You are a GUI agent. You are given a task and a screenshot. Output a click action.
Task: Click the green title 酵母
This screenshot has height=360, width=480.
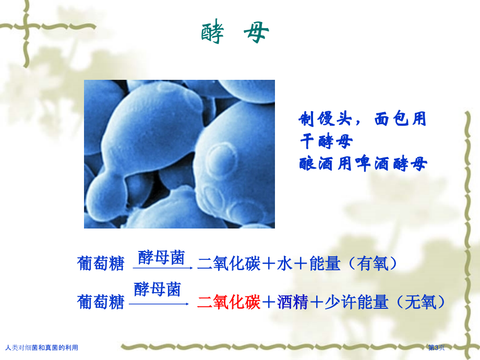(235, 31)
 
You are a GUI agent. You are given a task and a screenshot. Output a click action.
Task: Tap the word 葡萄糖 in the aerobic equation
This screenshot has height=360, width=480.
(101, 263)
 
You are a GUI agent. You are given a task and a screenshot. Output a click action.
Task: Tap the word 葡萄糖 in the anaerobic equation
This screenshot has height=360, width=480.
(101, 302)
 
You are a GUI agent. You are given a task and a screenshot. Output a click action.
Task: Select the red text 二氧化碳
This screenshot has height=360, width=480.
(229, 302)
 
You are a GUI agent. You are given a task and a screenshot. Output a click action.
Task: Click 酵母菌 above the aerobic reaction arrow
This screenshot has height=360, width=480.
(161, 257)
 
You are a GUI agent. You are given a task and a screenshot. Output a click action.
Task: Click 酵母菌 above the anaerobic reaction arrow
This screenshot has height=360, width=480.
(158, 289)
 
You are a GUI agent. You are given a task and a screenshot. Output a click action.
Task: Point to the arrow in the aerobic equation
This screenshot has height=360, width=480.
(163, 268)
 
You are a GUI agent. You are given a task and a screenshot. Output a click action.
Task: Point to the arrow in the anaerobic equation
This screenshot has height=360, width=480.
(159, 304)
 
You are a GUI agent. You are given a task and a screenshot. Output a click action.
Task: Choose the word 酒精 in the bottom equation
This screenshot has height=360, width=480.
(293, 302)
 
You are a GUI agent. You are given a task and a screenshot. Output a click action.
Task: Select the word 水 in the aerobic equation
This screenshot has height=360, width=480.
(285, 263)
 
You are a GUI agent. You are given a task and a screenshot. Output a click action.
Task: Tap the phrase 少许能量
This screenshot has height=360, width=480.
(356, 302)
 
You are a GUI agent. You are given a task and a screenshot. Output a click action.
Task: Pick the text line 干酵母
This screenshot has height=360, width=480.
(326, 141)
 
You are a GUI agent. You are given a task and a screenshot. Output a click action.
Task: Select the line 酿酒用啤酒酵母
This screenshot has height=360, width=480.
(363, 163)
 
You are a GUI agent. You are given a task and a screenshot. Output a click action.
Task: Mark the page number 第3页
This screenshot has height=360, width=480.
(436, 347)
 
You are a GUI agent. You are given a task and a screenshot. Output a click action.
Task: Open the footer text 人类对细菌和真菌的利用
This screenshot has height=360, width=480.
(42, 348)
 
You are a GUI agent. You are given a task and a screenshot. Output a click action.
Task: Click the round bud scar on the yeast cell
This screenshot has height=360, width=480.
(222, 159)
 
